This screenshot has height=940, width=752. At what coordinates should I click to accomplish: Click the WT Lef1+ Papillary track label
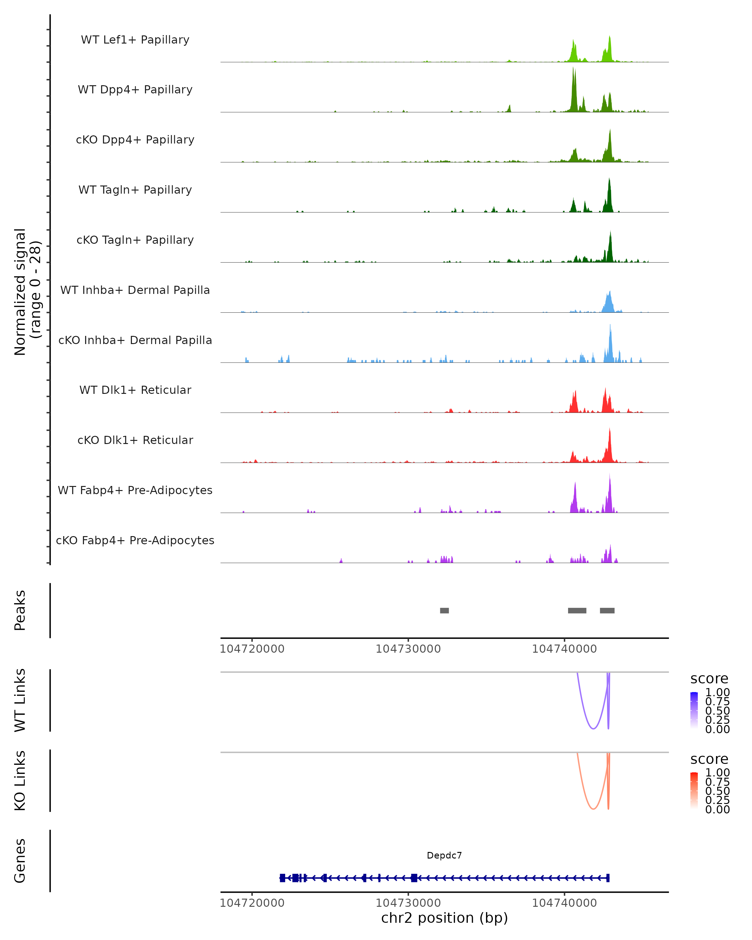click(135, 40)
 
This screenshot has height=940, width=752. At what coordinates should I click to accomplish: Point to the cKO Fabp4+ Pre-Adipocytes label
click(135, 540)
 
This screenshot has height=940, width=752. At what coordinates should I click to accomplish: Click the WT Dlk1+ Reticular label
click(135, 390)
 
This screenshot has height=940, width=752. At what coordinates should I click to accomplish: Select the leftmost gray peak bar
click(444, 610)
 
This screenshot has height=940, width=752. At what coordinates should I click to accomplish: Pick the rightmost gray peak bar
click(607, 610)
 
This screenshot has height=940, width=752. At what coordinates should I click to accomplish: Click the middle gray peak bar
click(577, 610)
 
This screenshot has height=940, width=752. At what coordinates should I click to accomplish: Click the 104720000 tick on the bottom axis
click(252, 903)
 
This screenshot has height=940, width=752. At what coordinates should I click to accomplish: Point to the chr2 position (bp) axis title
click(444, 918)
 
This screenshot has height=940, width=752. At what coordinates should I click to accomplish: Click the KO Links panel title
click(20, 781)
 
